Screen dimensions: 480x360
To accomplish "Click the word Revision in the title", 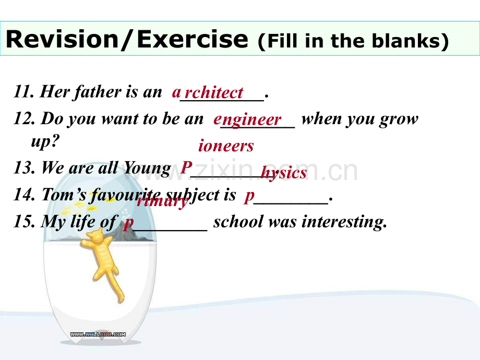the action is click(62, 39).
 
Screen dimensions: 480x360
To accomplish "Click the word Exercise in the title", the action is click(192, 39).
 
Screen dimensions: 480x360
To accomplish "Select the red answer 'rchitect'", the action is click(214, 92).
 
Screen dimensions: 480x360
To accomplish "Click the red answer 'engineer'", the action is click(247, 119).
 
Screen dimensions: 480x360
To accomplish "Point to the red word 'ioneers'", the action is click(226, 146).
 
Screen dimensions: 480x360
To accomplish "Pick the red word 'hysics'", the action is click(283, 173).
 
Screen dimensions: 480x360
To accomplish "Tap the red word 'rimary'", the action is click(163, 201).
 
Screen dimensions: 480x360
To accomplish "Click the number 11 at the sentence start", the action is click(24, 91).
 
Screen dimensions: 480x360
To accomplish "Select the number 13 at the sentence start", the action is click(24, 168).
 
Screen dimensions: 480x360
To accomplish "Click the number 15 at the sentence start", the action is click(24, 221).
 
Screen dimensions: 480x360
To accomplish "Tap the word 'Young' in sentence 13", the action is click(147, 169).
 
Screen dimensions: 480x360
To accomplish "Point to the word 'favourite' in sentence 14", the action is click(124, 195).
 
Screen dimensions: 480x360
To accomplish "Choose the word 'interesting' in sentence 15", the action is click(344, 222).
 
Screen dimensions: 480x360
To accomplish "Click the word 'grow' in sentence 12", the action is click(399, 119).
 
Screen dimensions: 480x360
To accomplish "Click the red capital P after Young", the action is click(186, 167).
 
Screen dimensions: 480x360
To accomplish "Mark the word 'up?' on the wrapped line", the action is click(45, 141).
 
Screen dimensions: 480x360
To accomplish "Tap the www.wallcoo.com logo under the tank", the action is click(98, 334).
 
